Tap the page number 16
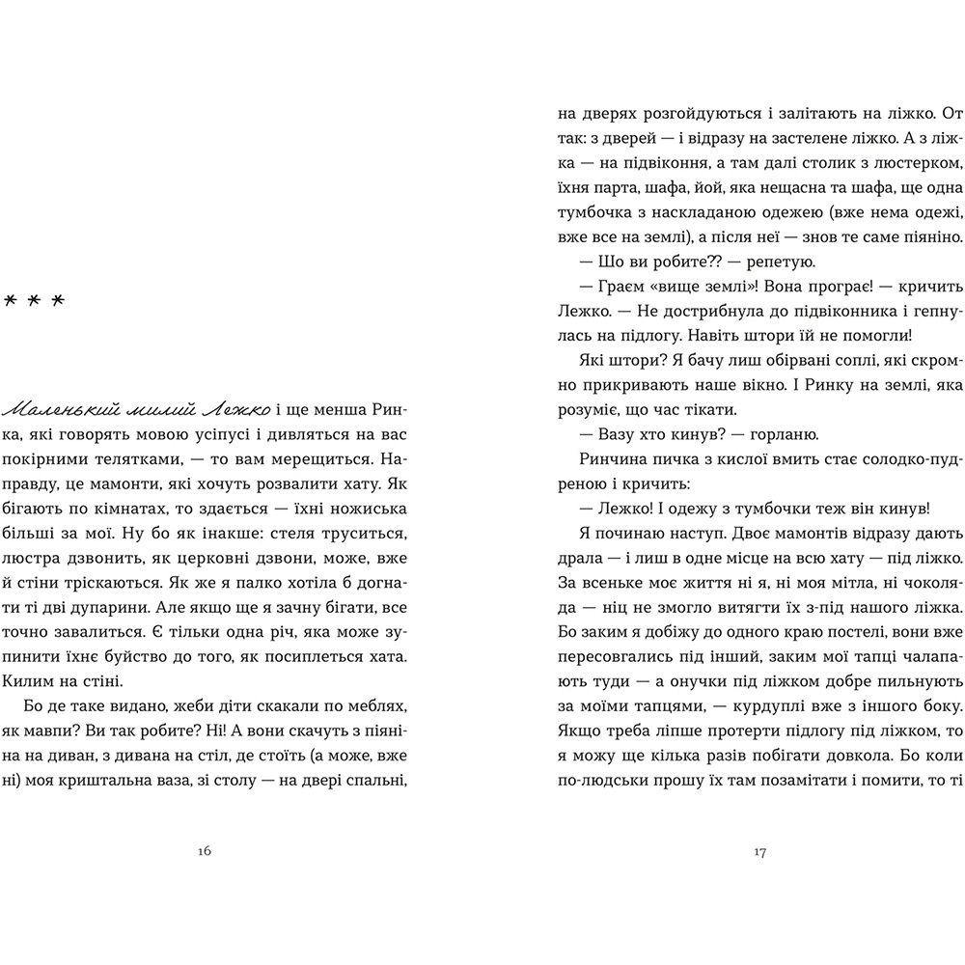click(x=204, y=851)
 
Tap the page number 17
click(x=759, y=851)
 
